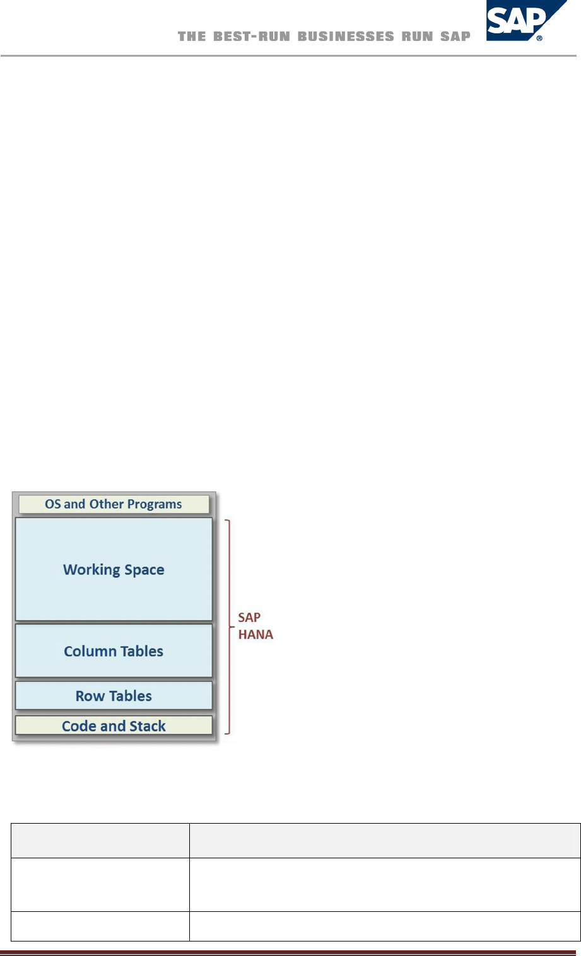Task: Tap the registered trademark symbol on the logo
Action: (x=539, y=38)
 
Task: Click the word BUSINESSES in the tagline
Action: (x=346, y=37)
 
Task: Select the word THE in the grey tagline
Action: (x=192, y=37)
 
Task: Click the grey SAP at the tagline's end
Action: (x=455, y=37)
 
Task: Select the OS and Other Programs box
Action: (x=114, y=504)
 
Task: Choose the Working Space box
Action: (x=114, y=569)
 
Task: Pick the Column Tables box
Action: (x=114, y=651)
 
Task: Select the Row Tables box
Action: (x=114, y=696)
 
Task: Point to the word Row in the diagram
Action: (x=89, y=696)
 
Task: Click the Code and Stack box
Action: (x=114, y=726)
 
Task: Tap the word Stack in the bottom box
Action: (x=147, y=726)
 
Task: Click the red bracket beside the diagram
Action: (x=228, y=626)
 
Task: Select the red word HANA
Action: (x=255, y=635)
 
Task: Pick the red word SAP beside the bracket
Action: (x=249, y=618)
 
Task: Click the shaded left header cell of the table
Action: (x=100, y=840)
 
